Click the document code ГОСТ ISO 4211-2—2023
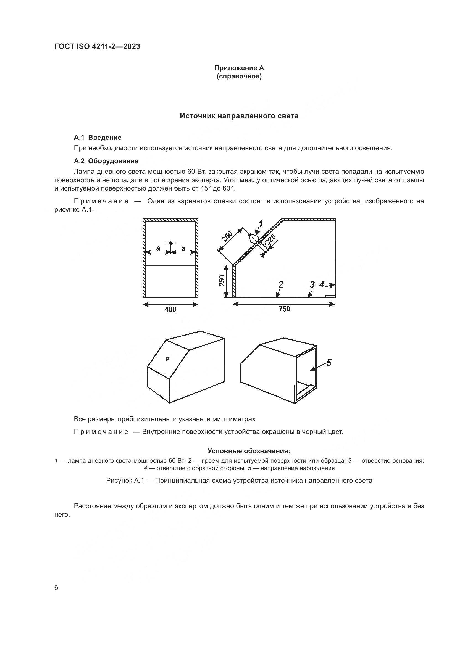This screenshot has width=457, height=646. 97,46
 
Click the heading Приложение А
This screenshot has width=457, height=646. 239,68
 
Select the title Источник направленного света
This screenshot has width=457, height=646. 239,116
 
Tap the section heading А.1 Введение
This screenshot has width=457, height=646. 97,138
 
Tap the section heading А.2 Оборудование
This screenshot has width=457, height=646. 106,161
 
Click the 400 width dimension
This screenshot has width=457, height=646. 170,309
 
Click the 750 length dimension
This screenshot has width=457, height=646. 284,309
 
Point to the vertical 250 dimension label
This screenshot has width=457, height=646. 222,281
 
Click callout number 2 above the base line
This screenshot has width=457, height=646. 280,284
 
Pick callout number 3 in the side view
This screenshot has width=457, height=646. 312,284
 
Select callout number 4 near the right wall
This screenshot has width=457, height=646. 322,284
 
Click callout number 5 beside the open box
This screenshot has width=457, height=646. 329,363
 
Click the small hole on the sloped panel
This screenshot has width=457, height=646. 167,358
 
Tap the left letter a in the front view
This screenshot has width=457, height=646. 158,248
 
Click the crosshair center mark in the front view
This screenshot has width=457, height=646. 170,243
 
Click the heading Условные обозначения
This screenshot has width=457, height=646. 249,451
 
